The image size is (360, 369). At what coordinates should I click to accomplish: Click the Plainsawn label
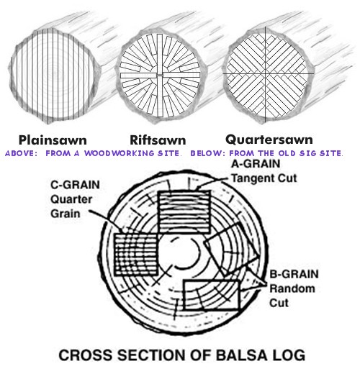53,140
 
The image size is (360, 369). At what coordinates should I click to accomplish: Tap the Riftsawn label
158,140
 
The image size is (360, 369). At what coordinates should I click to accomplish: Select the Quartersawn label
269,140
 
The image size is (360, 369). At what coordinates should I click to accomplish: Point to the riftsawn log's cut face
161,75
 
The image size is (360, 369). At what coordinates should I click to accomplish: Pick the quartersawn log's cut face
266,74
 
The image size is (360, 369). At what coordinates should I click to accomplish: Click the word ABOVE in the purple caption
21,153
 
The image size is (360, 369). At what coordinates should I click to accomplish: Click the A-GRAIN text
256,164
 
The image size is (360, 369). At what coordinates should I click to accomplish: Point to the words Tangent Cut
264,178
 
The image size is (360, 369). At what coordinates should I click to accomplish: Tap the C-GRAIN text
75,185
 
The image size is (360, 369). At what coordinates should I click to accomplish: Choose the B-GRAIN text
294,274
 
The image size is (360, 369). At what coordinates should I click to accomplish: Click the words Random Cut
292,296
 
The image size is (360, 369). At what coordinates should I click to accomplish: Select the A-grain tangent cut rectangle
184,211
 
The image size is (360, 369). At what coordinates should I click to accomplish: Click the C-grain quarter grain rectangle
136,255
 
